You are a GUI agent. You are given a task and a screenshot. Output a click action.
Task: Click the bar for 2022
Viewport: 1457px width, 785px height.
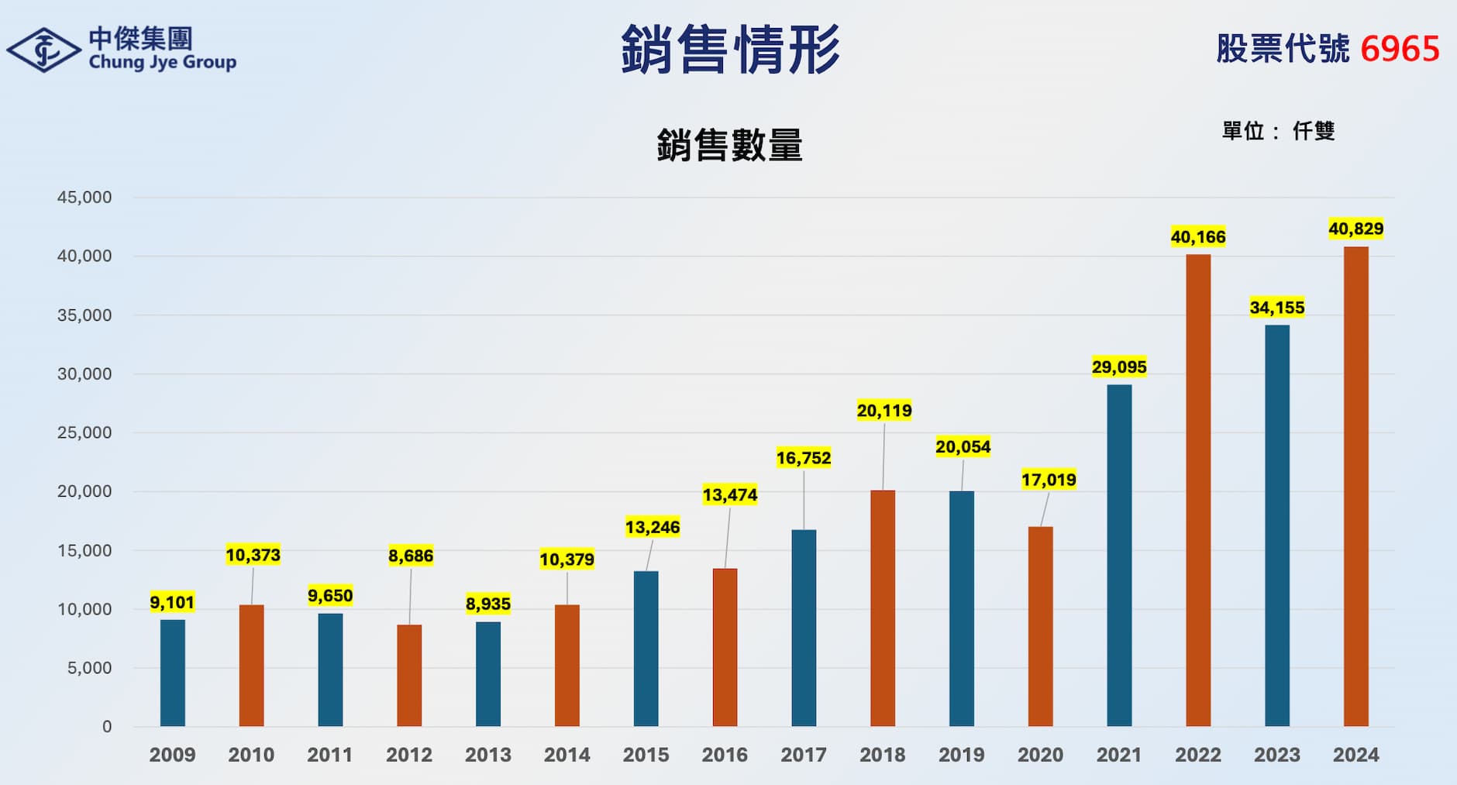(x=1197, y=490)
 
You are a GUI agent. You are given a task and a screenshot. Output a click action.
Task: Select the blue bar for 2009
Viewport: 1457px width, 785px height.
(x=173, y=673)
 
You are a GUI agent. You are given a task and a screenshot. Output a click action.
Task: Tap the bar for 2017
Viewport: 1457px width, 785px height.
(x=804, y=628)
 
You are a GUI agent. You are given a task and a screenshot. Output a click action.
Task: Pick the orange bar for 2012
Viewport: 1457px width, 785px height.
(x=409, y=675)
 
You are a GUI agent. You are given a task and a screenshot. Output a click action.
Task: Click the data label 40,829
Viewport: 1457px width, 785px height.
(x=1355, y=229)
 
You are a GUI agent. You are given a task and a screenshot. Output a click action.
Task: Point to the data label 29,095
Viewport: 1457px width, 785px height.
(x=1118, y=367)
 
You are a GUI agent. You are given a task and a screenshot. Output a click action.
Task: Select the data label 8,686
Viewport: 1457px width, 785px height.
(x=411, y=556)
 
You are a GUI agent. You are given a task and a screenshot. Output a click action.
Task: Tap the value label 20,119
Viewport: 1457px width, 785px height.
(x=884, y=410)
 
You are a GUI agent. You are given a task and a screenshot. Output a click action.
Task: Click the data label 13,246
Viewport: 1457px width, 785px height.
(x=653, y=527)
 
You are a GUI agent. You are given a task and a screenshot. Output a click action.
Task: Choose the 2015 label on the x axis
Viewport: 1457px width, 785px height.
(x=646, y=755)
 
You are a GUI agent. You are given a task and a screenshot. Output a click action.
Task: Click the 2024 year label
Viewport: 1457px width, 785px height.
(x=1355, y=755)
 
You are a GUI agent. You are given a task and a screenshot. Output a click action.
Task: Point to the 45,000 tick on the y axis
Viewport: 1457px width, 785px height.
(x=84, y=198)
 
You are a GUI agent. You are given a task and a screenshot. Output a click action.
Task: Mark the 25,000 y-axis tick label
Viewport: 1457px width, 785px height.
(x=84, y=432)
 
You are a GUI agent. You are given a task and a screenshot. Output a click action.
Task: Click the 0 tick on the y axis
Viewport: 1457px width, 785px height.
(x=107, y=727)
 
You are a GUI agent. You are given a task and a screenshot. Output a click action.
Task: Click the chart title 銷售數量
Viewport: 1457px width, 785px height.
(x=729, y=145)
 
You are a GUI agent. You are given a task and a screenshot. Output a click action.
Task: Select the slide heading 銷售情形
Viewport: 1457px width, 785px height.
(x=730, y=50)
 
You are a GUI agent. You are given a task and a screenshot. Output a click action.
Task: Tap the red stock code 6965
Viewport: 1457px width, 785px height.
(x=1400, y=49)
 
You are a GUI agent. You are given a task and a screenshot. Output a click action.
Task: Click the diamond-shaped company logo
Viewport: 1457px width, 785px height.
(x=43, y=50)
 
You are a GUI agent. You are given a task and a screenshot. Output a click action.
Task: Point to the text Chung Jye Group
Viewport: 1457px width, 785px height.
(x=163, y=62)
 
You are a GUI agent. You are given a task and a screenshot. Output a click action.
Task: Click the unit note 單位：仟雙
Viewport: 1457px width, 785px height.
(x=1278, y=131)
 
